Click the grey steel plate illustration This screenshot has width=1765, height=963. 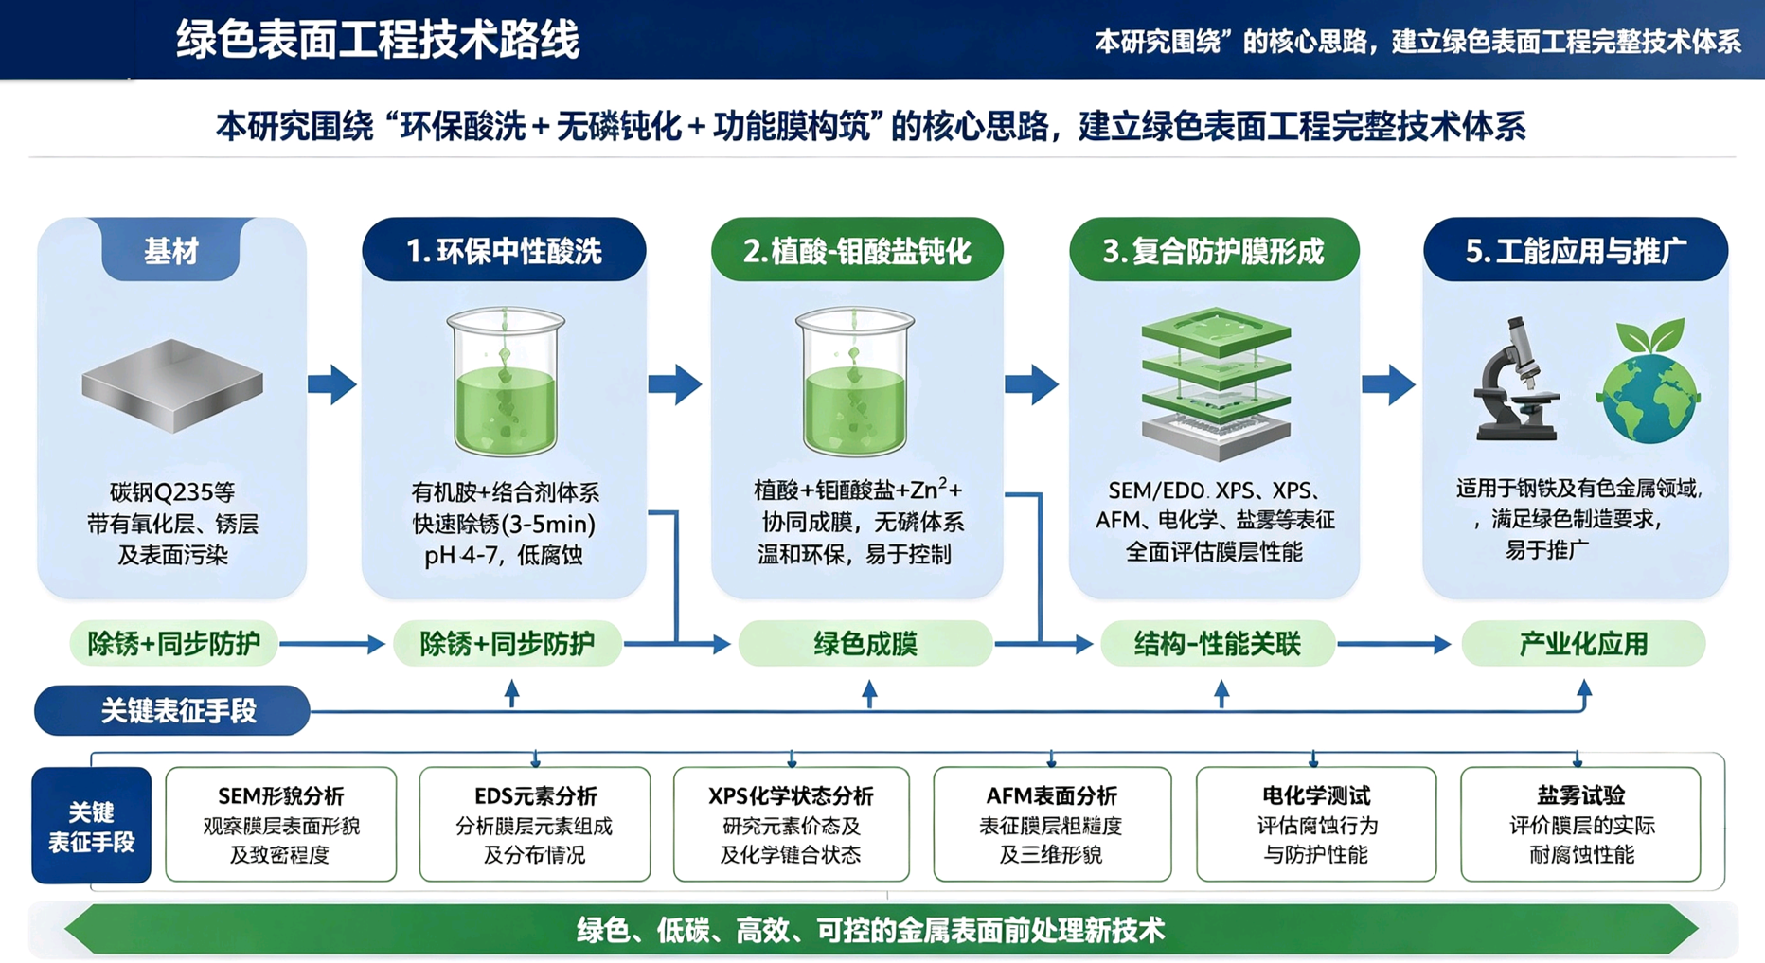point(172,385)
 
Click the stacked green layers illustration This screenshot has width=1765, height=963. point(1217,383)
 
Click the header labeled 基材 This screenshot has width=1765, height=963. point(171,250)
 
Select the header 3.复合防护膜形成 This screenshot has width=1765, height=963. point(1214,250)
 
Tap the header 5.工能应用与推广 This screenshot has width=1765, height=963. point(1576,250)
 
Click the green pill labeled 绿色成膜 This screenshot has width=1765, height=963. point(865,644)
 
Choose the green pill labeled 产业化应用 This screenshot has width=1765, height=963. point(1583,644)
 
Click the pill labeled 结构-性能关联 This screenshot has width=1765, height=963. point(1218,644)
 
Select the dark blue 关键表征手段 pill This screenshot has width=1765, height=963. point(172,710)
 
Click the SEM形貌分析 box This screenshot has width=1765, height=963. point(281,824)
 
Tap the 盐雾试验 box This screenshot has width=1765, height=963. point(1580,824)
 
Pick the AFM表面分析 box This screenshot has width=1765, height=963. point(1052,824)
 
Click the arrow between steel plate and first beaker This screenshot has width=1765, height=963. point(332,383)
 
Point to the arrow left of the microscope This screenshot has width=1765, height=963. point(1389,383)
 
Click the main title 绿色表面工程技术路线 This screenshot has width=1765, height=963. point(378,40)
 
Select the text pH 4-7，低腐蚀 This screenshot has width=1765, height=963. point(504,555)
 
